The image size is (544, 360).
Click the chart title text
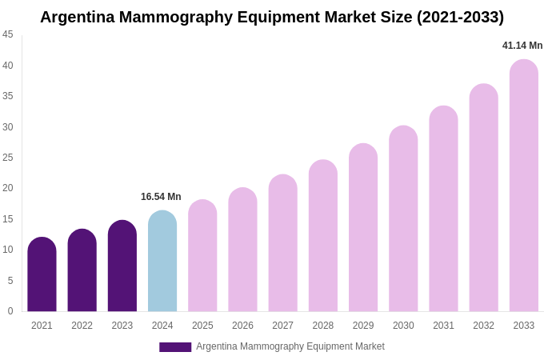(x=272, y=17)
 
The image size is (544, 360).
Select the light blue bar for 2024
(x=162, y=262)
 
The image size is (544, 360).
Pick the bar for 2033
(x=524, y=186)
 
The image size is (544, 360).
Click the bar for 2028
(x=323, y=236)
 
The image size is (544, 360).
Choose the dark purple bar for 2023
(x=122, y=266)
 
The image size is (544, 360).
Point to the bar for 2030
(x=403, y=219)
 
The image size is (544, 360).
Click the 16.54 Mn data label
(x=161, y=197)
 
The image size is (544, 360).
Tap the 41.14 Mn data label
(x=522, y=46)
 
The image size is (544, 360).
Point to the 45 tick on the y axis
(x=8, y=34)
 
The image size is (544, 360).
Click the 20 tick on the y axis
(x=8, y=188)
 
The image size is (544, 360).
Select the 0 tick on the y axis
(x=10, y=311)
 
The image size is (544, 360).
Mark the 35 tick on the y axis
(x=8, y=96)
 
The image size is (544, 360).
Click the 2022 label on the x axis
(x=82, y=326)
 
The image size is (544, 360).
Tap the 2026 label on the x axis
(x=242, y=326)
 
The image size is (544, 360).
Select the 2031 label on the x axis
(x=443, y=326)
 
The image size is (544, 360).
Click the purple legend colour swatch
(x=175, y=347)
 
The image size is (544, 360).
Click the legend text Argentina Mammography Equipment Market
(x=290, y=346)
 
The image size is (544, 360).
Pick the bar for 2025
(x=202, y=256)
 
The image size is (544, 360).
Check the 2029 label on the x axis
(x=363, y=326)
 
